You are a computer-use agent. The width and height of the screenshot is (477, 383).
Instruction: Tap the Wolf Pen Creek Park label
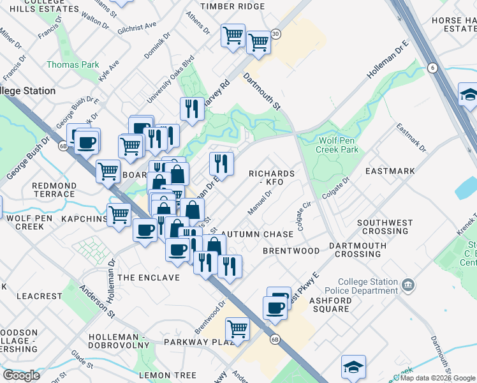coord(339,144)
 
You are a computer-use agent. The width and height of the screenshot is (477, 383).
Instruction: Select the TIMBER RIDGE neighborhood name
coord(232,6)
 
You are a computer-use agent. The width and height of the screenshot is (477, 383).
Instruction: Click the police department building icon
coord(409,284)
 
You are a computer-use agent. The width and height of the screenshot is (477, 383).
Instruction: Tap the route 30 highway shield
coord(275,34)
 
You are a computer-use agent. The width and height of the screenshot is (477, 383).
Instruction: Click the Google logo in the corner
coord(21,375)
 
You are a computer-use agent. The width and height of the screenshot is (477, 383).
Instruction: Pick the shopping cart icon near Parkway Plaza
coord(237,329)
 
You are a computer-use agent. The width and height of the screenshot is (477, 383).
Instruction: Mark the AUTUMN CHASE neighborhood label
coord(257,234)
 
